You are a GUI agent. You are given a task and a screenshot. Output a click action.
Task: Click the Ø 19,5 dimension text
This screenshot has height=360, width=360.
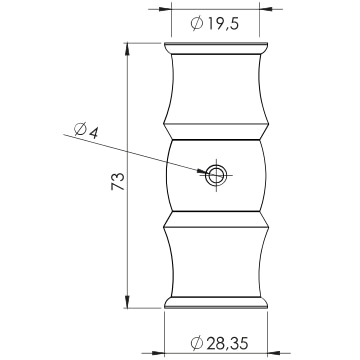(x=215, y=24)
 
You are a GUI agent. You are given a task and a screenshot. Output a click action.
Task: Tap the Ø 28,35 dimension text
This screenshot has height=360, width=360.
(x=220, y=343)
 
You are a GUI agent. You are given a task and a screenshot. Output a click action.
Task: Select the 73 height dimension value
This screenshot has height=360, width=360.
(x=118, y=182)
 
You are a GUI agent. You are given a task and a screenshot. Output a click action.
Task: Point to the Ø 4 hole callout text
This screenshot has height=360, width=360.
(x=86, y=130)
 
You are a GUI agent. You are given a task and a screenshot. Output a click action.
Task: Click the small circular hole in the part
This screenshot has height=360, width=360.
(x=216, y=175)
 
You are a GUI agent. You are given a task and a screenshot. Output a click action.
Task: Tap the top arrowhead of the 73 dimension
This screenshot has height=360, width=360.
(x=127, y=49)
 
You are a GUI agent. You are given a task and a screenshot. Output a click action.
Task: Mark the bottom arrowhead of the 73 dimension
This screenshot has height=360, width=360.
(x=127, y=302)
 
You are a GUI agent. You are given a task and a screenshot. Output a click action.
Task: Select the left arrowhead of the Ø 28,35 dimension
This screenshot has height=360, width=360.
(x=158, y=353)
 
